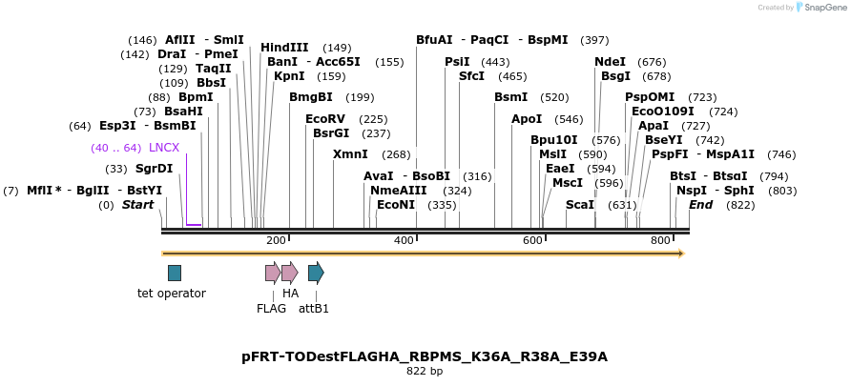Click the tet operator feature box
(175, 273)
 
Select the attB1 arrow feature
(316, 273)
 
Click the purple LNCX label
(164, 148)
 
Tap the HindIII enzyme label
(284, 48)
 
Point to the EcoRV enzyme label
(325, 119)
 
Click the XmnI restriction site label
(350, 154)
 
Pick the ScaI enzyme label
(580, 205)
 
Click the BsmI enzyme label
(510, 97)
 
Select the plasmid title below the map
(425, 356)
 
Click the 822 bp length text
(425, 372)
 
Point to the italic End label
(700, 205)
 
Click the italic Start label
(137, 205)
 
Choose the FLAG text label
(271, 308)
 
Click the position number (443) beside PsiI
(496, 62)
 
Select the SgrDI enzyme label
(154, 169)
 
